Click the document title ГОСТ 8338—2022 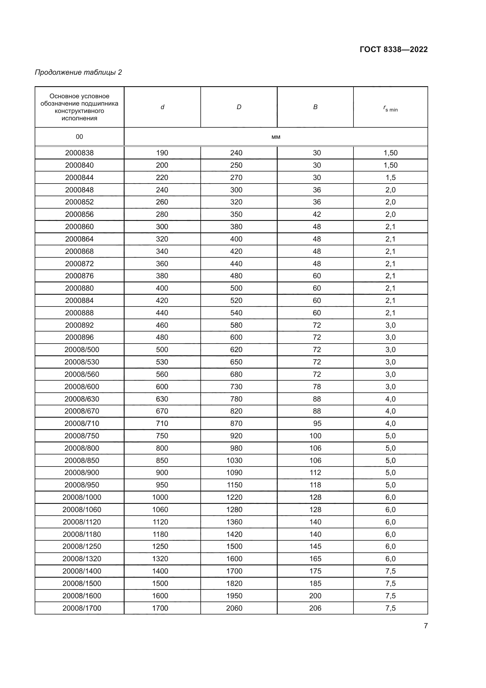coord(393,49)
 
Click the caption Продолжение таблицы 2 coord(78,72)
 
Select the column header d coord(162,107)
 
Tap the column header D coord(239,107)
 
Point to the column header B coord(315,107)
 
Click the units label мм coord(276,137)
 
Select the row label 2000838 coord(79,153)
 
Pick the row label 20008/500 coord(82,350)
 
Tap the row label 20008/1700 coord(82,608)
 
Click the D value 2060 coord(234,608)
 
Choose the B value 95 coord(317,423)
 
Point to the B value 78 coord(317,387)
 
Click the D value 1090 coord(234,473)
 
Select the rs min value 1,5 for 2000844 coord(391,177)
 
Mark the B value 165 coord(315,559)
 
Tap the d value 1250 coord(160,546)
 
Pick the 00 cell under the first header coord(79,137)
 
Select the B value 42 coord(317,214)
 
